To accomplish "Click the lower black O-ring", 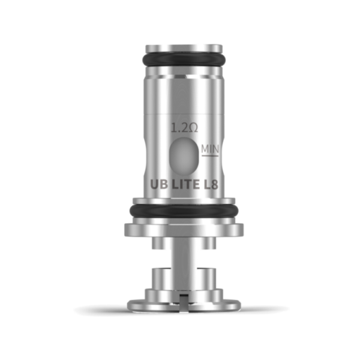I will [x=179, y=211].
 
